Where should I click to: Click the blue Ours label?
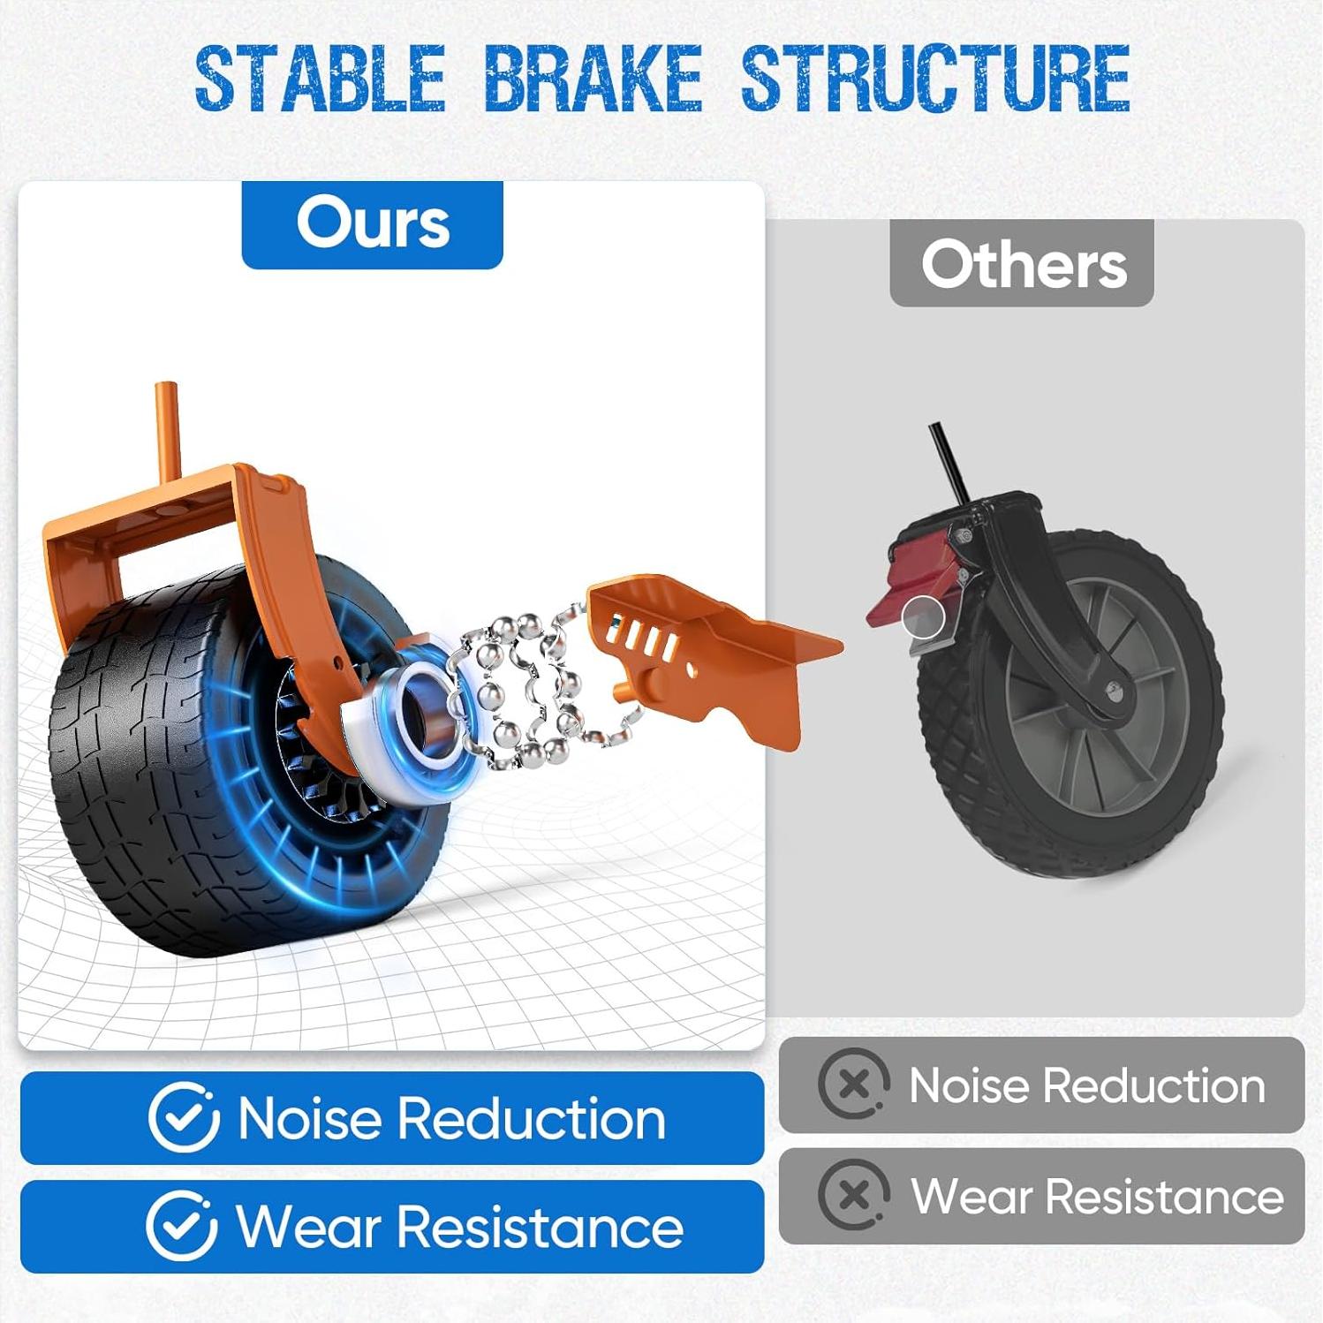372,224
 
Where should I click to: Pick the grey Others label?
1022,263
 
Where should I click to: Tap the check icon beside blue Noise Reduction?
183,1117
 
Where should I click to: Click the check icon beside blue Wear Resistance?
182,1226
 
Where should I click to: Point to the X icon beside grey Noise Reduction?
853,1084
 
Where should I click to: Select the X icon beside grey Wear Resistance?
853,1195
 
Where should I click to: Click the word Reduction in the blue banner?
531,1119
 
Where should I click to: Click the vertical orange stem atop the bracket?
167,433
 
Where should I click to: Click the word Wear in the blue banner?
306,1228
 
